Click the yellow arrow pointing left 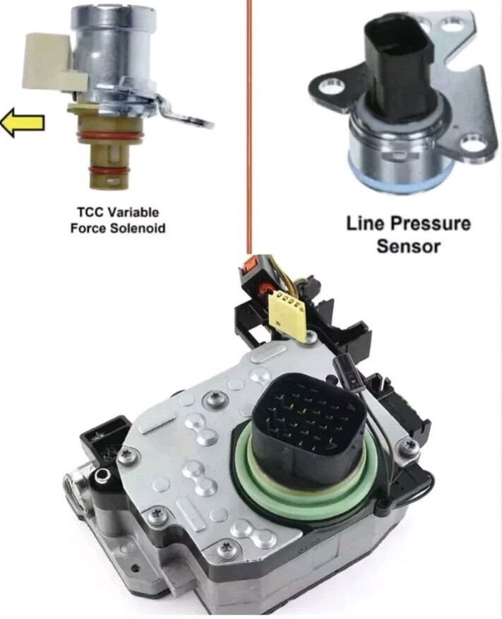pyautogui.click(x=22, y=122)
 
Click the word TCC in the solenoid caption pyautogui.click(x=90, y=213)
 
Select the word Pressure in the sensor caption pyautogui.click(x=431, y=223)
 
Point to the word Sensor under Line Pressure pyautogui.click(x=408, y=247)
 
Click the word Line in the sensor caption pyautogui.click(x=366, y=223)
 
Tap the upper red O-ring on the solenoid pyautogui.click(x=106, y=136)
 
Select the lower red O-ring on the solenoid pyautogui.click(x=107, y=170)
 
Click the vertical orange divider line pyautogui.click(x=249, y=126)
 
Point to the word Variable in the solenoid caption pyautogui.click(x=133, y=213)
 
